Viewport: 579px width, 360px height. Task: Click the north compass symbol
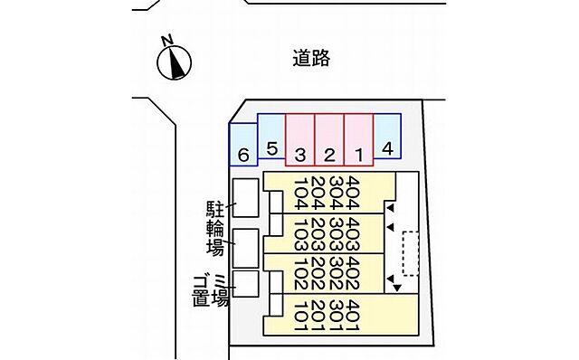176,62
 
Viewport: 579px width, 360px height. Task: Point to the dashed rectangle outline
411,253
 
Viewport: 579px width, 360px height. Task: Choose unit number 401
353,314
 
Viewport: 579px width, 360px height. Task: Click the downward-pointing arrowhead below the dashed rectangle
396,288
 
